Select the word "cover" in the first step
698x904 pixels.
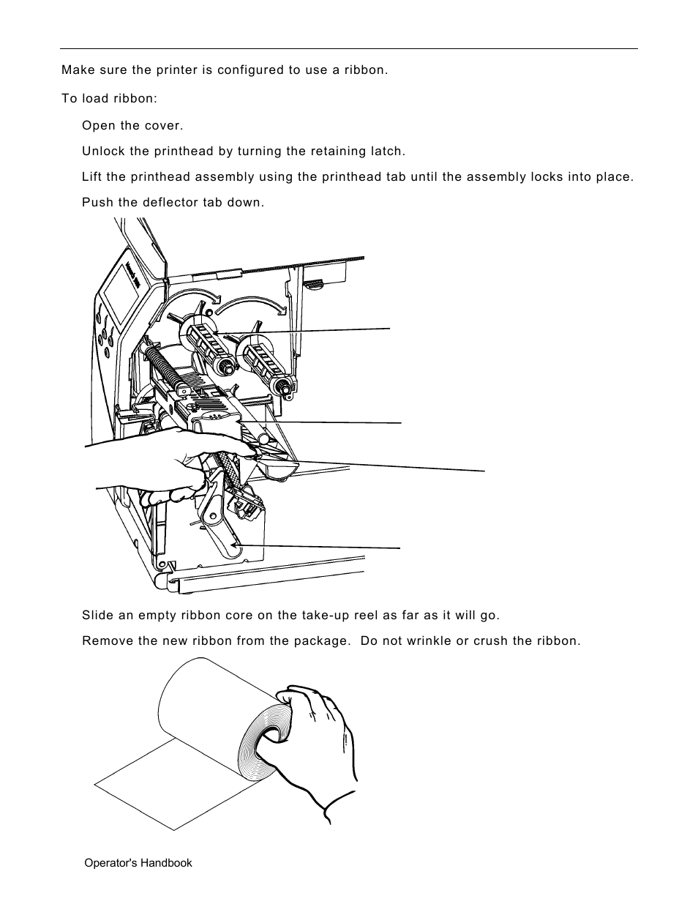pos(162,126)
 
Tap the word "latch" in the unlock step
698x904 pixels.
pos(388,152)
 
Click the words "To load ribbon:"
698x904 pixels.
pos(109,98)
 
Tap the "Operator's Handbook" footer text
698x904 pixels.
pos(138,863)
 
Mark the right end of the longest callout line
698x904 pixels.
pos(484,471)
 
